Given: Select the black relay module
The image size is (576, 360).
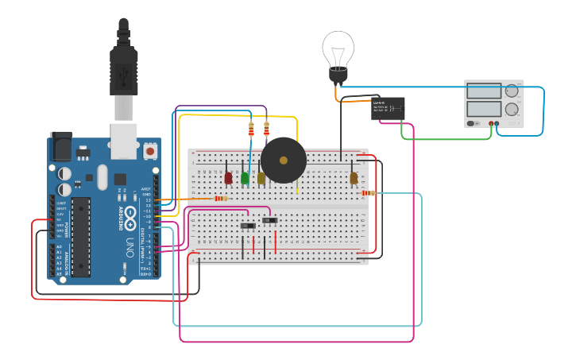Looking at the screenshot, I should click(388, 108).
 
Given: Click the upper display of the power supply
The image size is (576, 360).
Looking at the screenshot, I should click(483, 91).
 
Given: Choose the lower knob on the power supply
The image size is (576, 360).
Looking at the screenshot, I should click(512, 110).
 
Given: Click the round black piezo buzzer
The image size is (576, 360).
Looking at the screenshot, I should click(284, 160).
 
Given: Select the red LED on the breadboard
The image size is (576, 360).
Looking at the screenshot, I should click(229, 177).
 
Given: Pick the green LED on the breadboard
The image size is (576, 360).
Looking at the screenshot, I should click(245, 177).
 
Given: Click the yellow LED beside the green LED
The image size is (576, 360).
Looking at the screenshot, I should click(261, 177).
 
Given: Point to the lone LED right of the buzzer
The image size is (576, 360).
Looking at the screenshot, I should click(354, 178).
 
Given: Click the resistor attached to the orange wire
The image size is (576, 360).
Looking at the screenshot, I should click(220, 199).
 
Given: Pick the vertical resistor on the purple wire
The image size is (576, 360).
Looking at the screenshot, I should click(266, 127).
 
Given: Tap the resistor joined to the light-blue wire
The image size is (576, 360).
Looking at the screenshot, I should click(367, 193).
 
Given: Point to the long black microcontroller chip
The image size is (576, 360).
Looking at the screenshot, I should click(80, 236).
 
